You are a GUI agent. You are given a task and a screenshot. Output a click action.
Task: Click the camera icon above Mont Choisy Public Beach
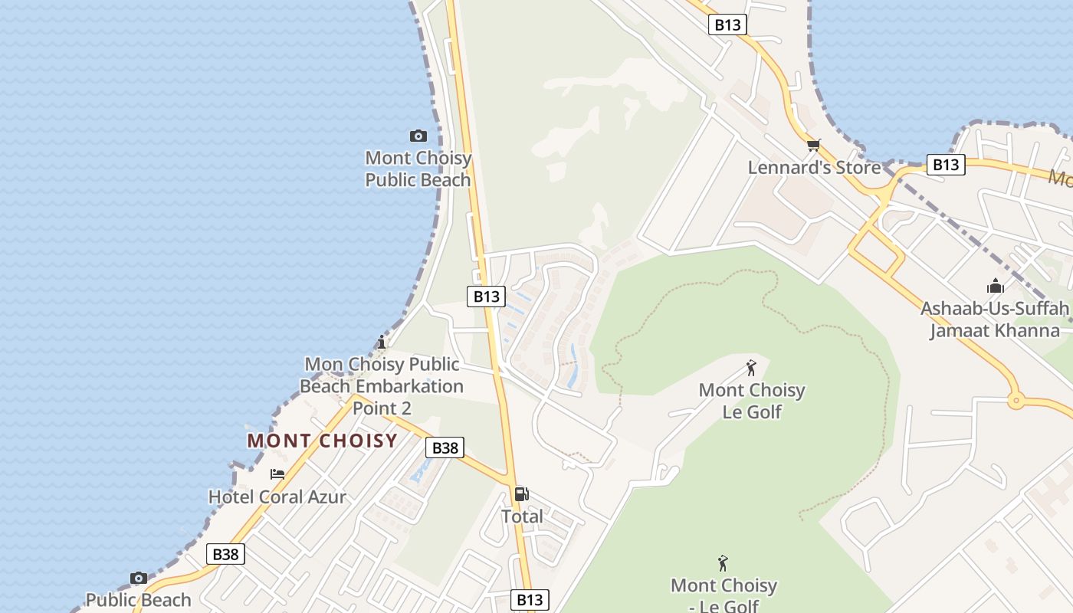(x=418, y=136)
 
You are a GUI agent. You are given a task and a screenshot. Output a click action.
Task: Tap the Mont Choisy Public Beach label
(x=418, y=169)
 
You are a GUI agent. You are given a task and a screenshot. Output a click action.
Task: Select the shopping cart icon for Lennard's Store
(x=813, y=145)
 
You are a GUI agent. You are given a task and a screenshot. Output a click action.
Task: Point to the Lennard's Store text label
(x=814, y=167)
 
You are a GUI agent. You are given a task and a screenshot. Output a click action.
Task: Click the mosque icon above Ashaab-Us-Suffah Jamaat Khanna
(x=996, y=287)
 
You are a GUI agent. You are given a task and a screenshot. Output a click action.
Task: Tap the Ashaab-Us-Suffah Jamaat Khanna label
(x=995, y=320)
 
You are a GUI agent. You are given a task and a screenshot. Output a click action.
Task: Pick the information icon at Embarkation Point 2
(x=382, y=342)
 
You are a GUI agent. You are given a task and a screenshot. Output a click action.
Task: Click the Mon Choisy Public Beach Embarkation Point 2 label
(x=382, y=386)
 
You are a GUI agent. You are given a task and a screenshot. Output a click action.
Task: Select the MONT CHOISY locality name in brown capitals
(x=323, y=441)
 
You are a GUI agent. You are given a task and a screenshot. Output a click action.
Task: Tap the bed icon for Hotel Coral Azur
(x=277, y=474)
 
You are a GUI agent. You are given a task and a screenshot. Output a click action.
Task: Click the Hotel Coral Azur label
(x=277, y=497)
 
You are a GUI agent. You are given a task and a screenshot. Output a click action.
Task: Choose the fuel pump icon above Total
(x=522, y=494)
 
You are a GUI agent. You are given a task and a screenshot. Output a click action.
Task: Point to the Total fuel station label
(x=522, y=516)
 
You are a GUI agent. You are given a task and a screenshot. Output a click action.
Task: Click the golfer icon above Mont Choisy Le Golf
(x=751, y=368)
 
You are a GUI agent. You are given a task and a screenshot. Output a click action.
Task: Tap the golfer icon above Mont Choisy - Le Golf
(x=723, y=564)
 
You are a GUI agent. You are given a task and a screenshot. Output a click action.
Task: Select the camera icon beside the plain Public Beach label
(x=139, y=578)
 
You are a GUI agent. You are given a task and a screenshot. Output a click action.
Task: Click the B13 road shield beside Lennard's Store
(x=945, y=165)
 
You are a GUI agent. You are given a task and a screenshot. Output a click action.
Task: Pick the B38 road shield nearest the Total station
(x=445, y=447)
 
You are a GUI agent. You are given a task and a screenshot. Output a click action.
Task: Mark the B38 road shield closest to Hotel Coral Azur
(x=225, y=554)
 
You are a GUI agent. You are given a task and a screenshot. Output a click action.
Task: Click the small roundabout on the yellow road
(x=1016, y=399)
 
